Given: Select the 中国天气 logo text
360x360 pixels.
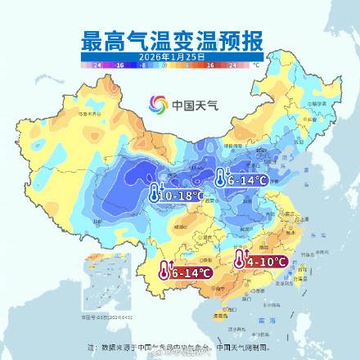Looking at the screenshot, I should click(x=190, y=105).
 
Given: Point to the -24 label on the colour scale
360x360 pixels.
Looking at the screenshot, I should click(x=97, y=63).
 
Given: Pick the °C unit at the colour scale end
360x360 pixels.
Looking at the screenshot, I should click(x=256, y=63).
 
